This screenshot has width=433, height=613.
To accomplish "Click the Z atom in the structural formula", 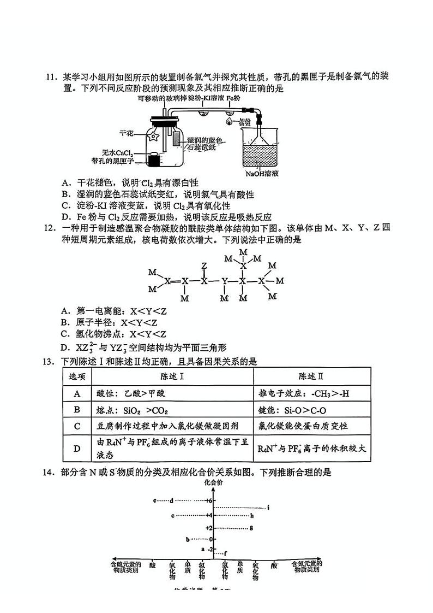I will [204, 266].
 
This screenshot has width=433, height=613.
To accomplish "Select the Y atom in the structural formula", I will [224, 281].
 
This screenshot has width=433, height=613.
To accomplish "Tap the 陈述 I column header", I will [172, 376].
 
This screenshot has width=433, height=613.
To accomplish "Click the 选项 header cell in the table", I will [77, 376].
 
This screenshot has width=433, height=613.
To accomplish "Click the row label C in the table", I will [77, 426].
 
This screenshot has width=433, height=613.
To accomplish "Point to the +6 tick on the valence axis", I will [209, 500].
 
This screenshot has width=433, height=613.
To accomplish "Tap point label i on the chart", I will [269, 508].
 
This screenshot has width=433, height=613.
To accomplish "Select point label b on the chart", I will [187, 539].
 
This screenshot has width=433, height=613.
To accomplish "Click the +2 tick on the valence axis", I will [209, 528].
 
